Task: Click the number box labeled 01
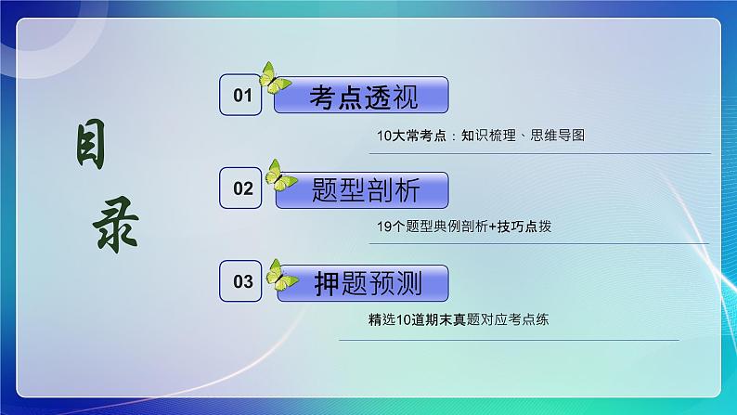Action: (242, 96)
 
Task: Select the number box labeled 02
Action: (242, 189)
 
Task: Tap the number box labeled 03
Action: (242, 281)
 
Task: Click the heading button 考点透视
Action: (364, 97)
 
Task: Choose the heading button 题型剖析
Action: (364, 190)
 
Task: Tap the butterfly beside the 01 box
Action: (273, 79)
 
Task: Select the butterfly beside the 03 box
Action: (280, 273)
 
